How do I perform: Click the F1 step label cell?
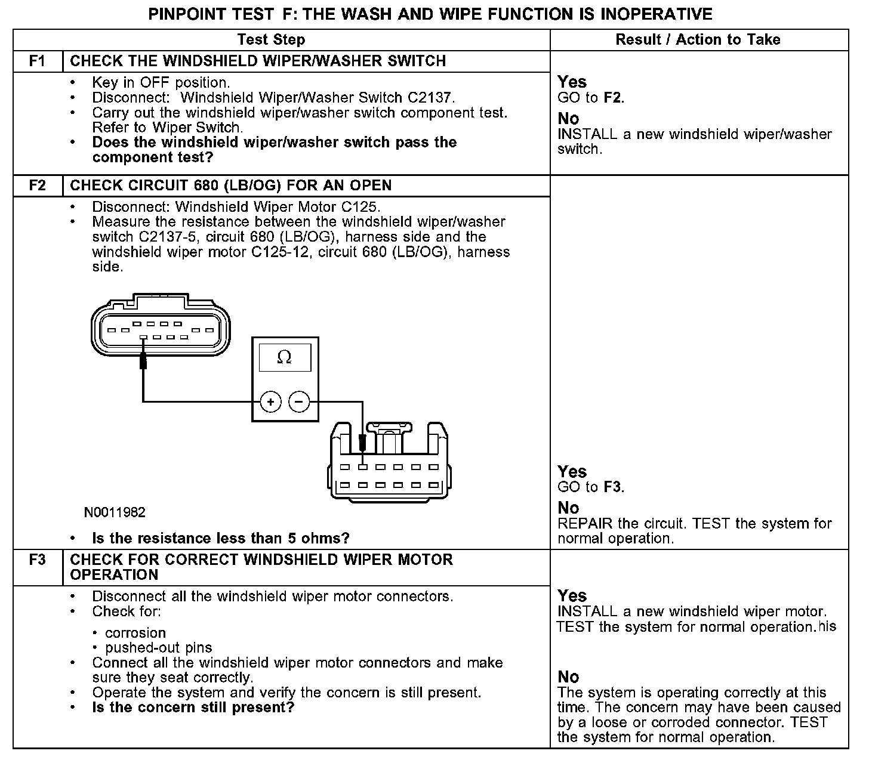[37, 61]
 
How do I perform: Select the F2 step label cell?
[37, 186]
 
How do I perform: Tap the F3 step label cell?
[37, 560]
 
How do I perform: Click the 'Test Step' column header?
[271, 40]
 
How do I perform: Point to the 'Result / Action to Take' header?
[698, 40]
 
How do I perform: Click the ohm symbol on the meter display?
[285, 357]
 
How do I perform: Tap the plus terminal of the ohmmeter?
[271, 402]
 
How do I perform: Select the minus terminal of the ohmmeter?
[299, 402]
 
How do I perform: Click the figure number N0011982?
[115, 512]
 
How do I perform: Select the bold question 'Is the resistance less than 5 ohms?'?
[220, 538]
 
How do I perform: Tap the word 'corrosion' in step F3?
[135, 633]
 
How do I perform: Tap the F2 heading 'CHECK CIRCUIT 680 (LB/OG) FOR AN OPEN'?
[230, 186]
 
